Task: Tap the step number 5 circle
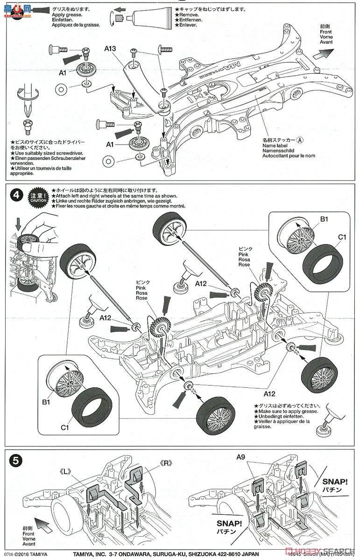click(x=16, y=460)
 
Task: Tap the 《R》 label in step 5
click(x=167, y=463)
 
